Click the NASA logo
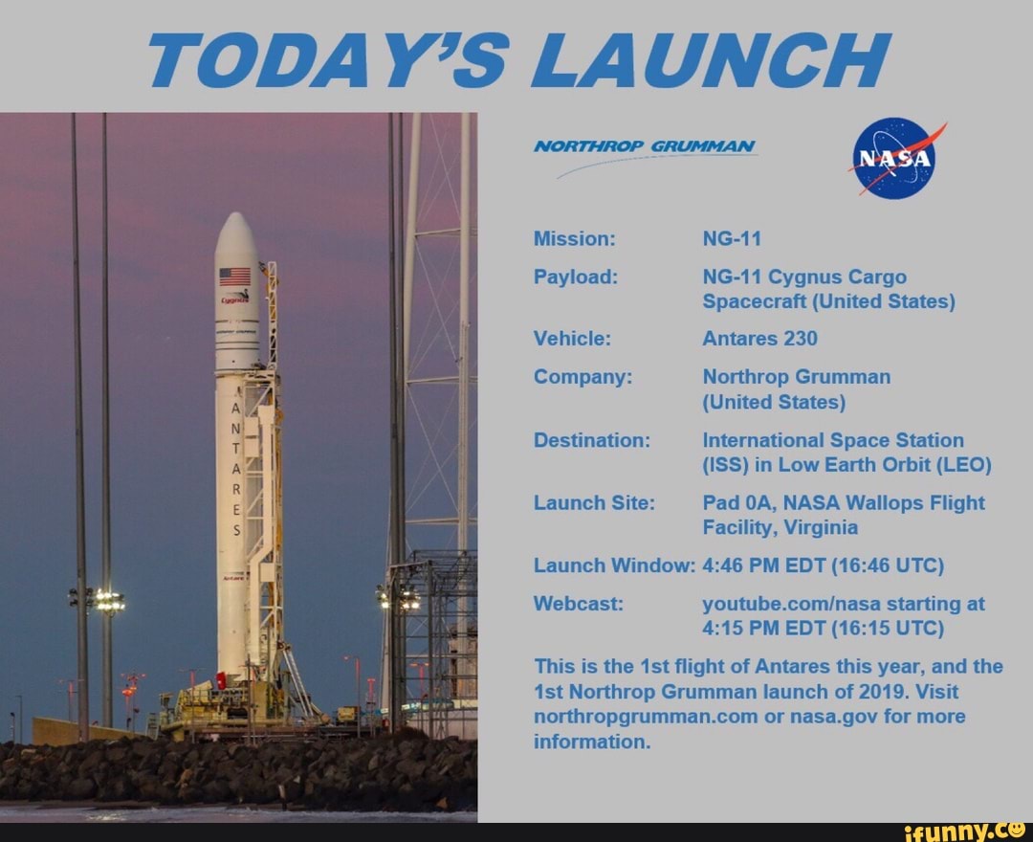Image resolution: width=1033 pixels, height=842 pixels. (x=893, y=159)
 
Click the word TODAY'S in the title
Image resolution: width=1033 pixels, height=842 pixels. (x=330, y=60)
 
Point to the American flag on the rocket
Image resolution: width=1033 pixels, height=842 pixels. (x=234, y=277)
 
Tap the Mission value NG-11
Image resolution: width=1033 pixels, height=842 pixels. (x=732, y=238)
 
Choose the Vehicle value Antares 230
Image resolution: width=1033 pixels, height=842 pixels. (x=759, y=339)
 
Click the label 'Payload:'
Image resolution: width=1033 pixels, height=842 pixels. (x=575, y=277)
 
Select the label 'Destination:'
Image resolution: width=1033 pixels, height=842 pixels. (x=591, y=440)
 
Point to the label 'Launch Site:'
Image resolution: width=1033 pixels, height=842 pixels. (x=593, y=502)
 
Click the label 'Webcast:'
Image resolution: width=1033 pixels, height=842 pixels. (x=578, y=603)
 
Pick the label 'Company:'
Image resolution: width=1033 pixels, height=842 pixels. (x=582, y=377)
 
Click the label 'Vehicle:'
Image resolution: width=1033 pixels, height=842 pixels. (x=571, y=339)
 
